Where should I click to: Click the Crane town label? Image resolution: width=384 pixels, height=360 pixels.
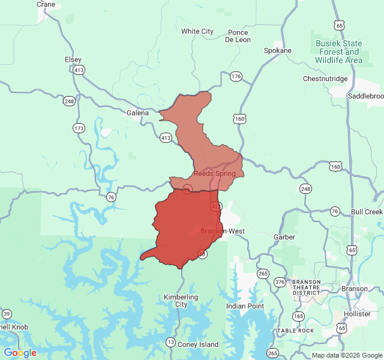pos(46,4)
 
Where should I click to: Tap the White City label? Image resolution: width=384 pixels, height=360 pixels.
pos(197,31)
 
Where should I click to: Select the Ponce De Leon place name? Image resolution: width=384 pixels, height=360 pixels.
pos(238,36)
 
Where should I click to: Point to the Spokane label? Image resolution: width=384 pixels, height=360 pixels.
pos(278,50)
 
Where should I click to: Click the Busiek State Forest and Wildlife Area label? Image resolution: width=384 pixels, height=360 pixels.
pos(339,52)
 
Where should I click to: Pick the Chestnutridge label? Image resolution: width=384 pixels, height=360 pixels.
pos(325,79)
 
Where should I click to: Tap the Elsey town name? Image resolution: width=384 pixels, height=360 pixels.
pos(73,59)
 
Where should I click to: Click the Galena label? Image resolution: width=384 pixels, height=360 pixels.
pos(137,112)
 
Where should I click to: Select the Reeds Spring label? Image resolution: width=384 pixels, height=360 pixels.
pos(214,173)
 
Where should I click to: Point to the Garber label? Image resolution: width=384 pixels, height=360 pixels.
pos(284,237)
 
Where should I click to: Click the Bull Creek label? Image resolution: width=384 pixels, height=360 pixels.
pos(366,212)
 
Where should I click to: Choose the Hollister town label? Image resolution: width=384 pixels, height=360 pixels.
pos(358,314)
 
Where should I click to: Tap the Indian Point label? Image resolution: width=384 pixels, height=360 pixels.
pos(245,306)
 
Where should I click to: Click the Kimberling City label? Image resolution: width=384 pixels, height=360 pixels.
pos(180,301)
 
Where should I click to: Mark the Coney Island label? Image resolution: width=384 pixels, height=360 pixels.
pos(198,344)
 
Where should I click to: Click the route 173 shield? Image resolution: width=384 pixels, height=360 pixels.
pos(79,128)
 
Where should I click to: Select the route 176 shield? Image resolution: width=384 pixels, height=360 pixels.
pos(235,76)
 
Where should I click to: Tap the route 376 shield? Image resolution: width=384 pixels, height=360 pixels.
pos(280,282)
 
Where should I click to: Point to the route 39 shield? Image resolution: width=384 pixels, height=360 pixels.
pos(7,314)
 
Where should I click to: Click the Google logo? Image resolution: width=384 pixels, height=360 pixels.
pos(20,353)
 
